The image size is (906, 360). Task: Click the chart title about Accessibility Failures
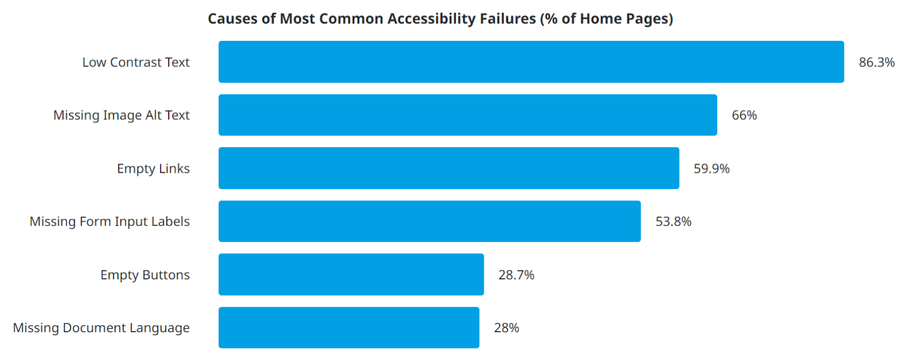[441, 19]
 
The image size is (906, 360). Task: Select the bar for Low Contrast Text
[531, 62]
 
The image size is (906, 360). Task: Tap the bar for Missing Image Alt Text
[468, 115]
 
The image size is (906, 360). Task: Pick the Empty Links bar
[449, 168]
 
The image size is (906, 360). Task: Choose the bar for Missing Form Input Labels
[430, 221]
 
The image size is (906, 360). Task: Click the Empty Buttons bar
[351, 274]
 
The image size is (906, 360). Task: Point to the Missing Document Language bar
[349, 327]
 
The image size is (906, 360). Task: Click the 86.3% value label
[876, 62]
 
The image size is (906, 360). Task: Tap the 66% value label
[744, 115]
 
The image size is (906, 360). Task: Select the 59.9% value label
[711, 168]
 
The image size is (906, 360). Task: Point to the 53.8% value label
[673, 221]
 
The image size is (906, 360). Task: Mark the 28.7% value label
[516, 275]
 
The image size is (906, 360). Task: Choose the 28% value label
[506, 328]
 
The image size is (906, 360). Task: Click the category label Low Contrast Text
[136, 62]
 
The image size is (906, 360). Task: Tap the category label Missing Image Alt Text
[121, 115]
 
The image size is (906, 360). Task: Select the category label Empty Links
[153, 169]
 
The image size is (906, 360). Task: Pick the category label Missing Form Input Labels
[110, 221]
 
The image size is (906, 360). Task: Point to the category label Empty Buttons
[145, 275]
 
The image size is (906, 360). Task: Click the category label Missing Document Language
[101, 328]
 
